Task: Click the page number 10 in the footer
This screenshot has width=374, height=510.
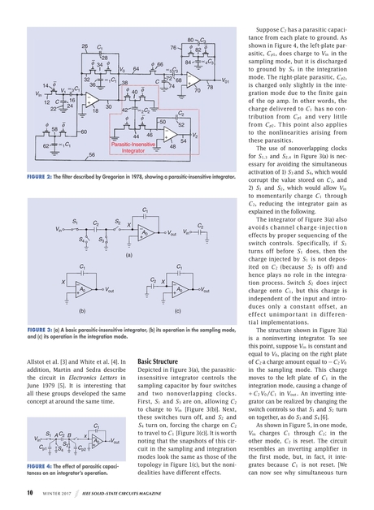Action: click(x=29, y=492)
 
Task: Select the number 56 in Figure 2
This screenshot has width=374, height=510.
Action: click(x=92, y=153)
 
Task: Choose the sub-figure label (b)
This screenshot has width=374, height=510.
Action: click(x=82, y=309)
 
